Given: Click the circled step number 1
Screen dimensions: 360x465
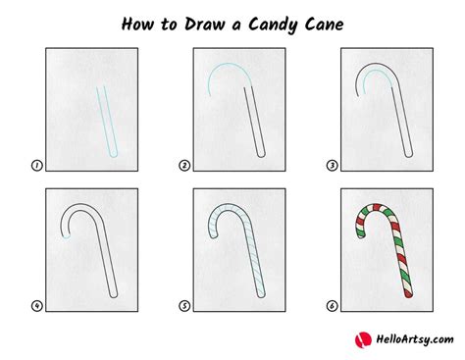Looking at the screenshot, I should coord(36,166).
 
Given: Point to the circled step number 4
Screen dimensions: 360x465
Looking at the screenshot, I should coord(36,305).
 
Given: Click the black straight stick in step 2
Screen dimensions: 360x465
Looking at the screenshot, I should coord(258,123).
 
